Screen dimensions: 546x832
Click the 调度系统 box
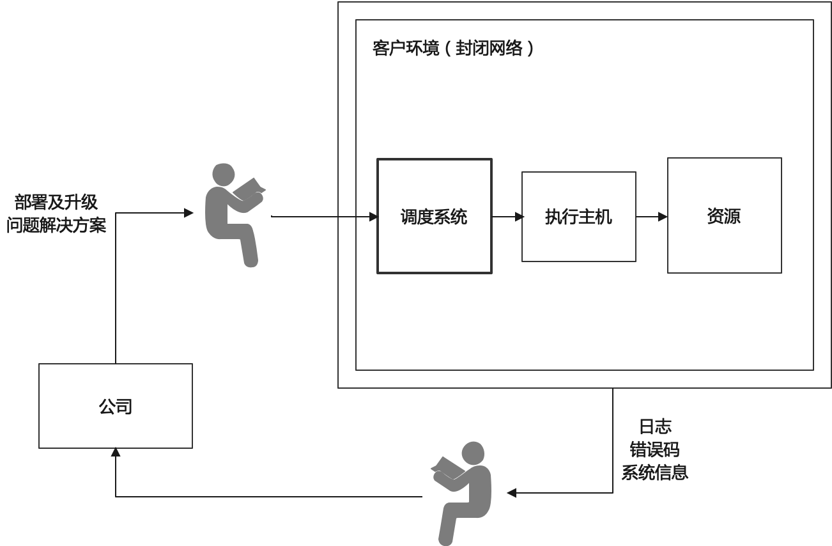434,216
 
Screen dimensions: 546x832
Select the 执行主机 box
578,217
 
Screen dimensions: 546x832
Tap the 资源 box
724,215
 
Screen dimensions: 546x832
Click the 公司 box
116,406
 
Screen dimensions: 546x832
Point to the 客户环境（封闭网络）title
452,49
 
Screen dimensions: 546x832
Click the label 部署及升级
56,203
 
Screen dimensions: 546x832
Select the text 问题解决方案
56,225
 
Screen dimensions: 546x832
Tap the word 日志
655,426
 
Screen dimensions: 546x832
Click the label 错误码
655,449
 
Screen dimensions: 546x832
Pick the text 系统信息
655,472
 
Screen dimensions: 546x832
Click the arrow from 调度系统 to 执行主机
508,217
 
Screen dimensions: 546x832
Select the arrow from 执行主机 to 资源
652,217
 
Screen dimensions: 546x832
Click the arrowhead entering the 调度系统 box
374,217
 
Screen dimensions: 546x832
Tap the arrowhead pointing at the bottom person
512,493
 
